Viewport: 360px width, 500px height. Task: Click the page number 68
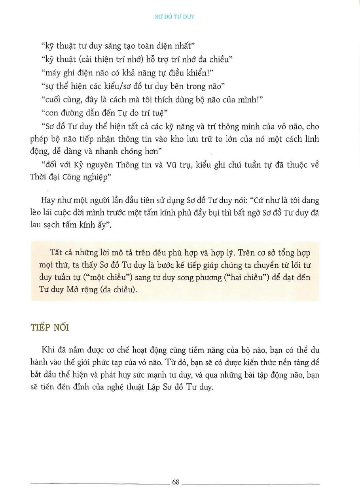[176, 482]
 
